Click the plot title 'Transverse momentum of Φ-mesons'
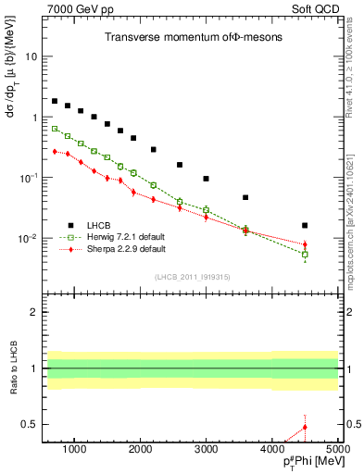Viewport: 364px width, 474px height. coord(193,36)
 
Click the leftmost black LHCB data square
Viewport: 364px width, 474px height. coord(55,101)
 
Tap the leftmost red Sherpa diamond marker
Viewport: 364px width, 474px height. coord(55,151)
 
